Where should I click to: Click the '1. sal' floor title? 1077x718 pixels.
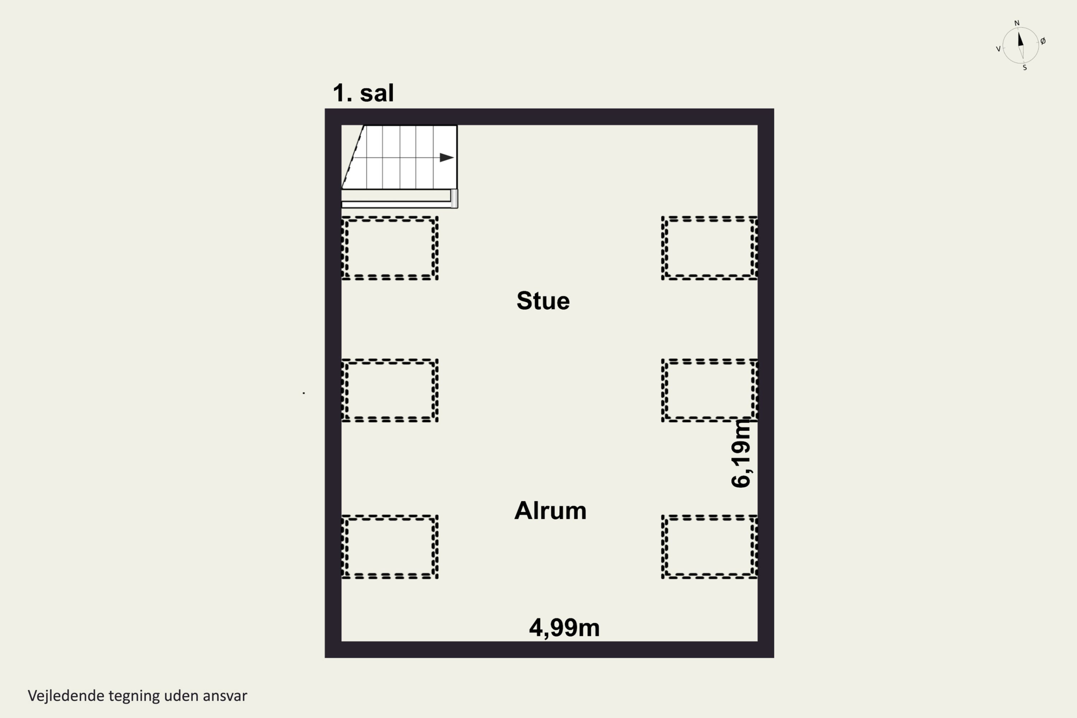(363, 93)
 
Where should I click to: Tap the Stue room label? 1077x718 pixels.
(543, 301)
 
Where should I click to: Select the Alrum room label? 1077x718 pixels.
(550, 510)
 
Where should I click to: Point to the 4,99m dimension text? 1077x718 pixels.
(564, 628)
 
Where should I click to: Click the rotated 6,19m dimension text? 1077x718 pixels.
(741, 454)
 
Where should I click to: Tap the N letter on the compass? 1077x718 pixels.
(1017, 23)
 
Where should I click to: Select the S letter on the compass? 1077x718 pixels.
(1025, 68)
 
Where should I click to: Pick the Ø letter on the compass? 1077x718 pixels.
(1043, 41)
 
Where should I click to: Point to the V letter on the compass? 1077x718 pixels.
(998, 49)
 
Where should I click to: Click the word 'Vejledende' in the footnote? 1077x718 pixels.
(66, 696)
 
